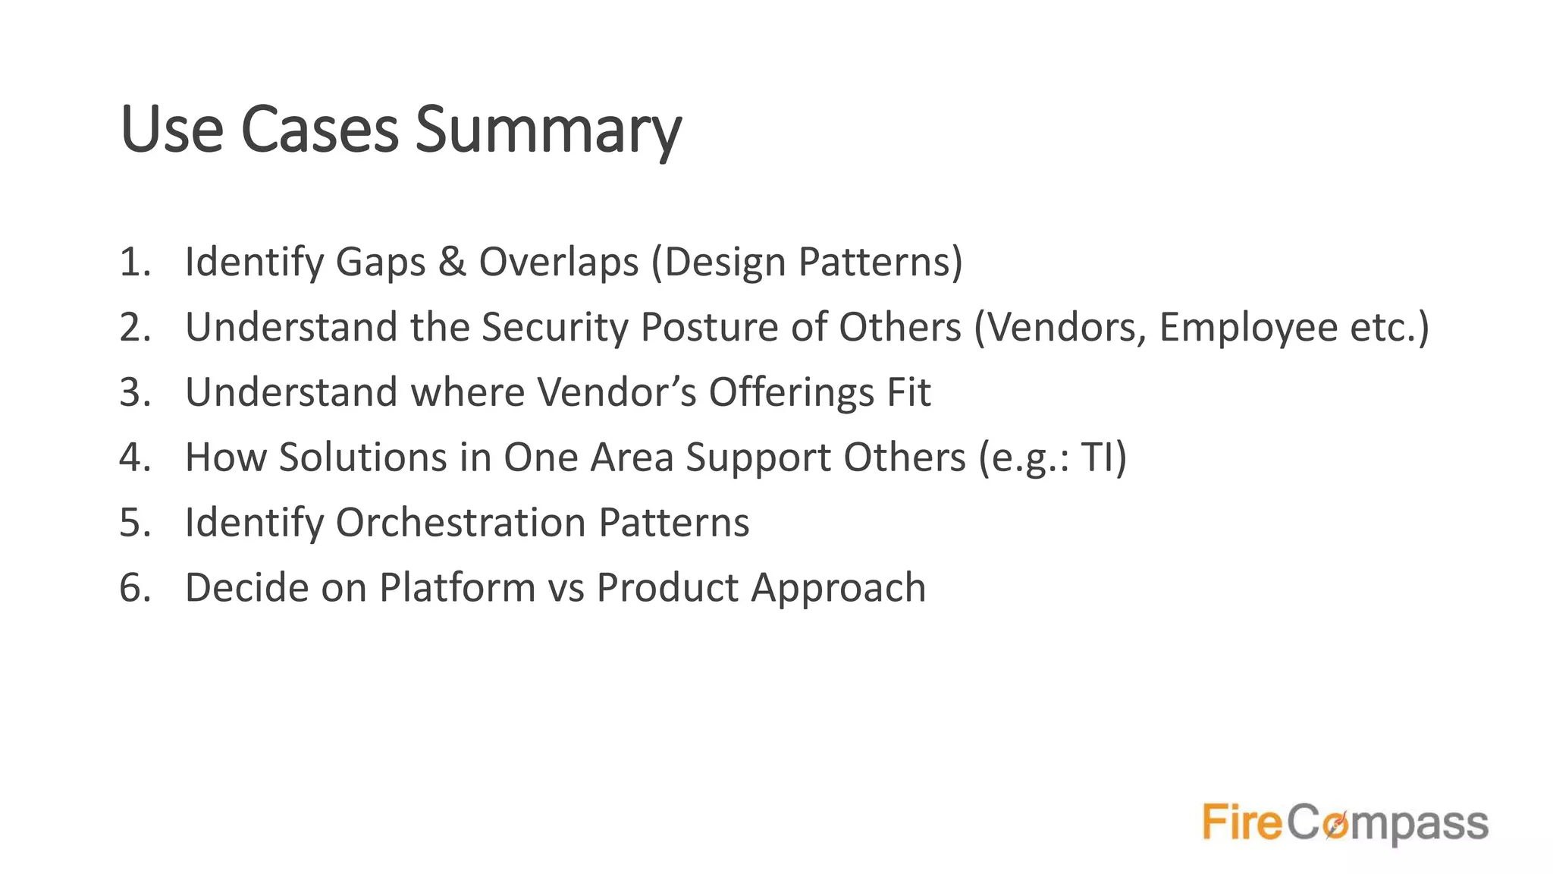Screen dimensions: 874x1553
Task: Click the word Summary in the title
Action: point(547,130)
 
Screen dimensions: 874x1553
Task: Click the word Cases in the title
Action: point(319,129)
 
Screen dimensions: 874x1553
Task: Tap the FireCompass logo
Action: point(1345,822)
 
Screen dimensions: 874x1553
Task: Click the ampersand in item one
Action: point(452,262)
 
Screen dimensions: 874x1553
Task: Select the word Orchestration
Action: point(460,523)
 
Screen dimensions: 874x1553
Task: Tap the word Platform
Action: point(457,588)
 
